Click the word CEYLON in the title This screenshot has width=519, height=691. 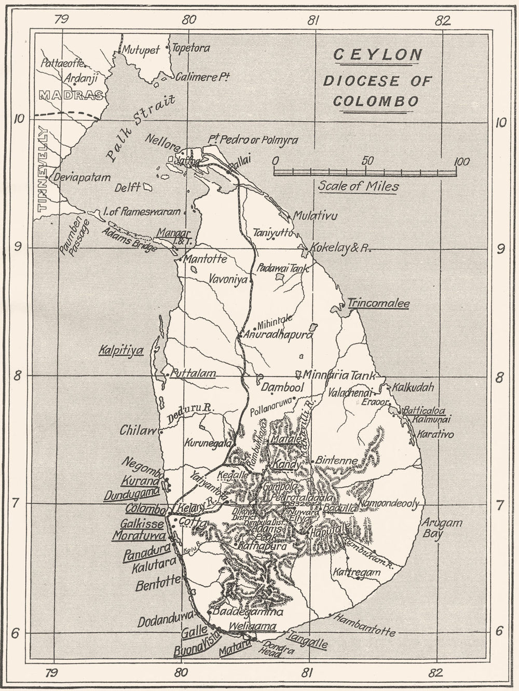tap(377, 54)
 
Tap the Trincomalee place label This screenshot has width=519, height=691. tap(378, 304)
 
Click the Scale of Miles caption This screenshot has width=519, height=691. tap(358, 186)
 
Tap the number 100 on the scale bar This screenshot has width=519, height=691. tap(461, 161)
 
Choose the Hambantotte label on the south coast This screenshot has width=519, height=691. tap(364, 625)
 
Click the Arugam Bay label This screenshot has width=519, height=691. tap(441, 528)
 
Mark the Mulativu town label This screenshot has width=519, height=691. tap(315, 216)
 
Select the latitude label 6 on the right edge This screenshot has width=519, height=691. tap(499, 631)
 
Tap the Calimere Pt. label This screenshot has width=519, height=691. tap(202, 77)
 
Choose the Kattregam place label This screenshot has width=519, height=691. tap(357, 573)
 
